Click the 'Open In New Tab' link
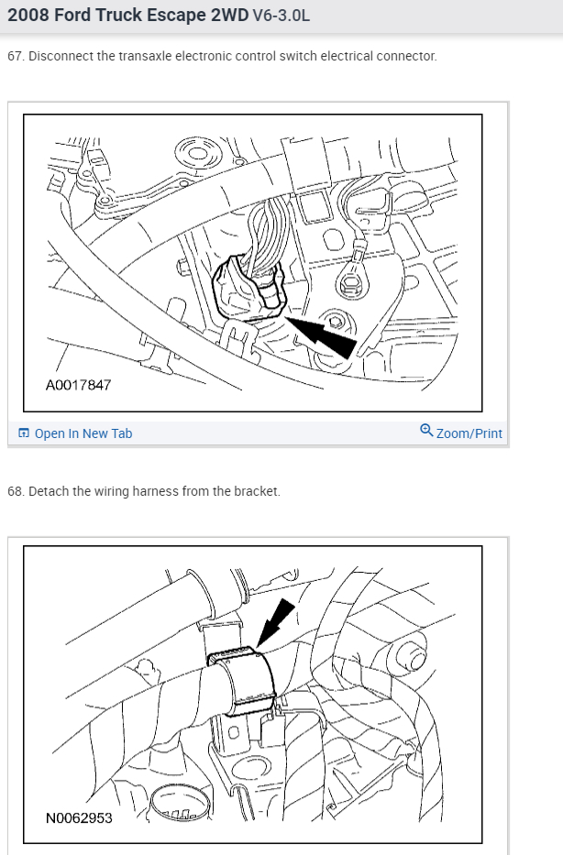(x=83, y=433)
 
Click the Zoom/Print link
(x=469, y=433)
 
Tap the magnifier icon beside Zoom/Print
(x=426, y=430)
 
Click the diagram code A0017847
(x=78, y=385)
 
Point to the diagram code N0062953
(x=79, y=817)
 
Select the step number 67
(x=15, y=56)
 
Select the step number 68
(x=15, y=491)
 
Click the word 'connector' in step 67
(x=407, y=56)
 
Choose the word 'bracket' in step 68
(x=257, y=491)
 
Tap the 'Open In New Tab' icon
(x=24, y=433)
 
